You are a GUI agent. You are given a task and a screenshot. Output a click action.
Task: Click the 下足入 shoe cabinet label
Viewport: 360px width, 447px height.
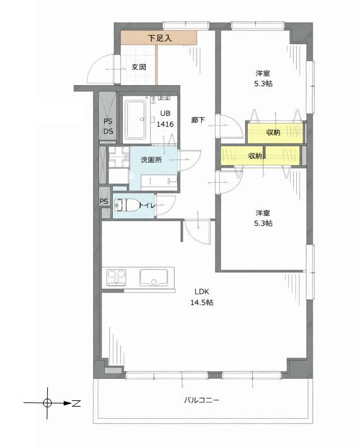point(160,38)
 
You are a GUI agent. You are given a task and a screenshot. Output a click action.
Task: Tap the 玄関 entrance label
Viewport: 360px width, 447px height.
point(139,67)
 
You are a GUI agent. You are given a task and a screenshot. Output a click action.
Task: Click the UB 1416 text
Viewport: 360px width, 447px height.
point(165,119)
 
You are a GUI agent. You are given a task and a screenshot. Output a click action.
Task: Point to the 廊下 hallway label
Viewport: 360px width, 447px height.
point(198,120)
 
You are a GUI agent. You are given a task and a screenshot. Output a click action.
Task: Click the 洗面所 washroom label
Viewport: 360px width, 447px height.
point(151,160)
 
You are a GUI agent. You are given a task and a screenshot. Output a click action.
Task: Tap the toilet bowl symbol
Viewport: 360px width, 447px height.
point(126,206)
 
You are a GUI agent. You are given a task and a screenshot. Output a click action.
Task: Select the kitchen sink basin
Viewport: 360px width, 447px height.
point(153,277)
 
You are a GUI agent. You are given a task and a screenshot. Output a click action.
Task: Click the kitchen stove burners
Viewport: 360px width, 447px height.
point(116,277)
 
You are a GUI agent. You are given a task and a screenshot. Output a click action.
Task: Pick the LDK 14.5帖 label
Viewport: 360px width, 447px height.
point(202,297)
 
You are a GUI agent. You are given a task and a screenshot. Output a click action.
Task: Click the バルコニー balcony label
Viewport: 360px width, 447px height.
point(202,400)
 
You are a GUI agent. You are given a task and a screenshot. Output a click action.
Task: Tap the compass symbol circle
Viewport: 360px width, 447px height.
point(47,403)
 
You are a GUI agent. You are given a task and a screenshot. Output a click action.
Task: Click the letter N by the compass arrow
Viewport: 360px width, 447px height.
point(76,403)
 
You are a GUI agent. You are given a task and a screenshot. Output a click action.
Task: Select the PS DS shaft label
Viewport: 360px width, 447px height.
point(108,126)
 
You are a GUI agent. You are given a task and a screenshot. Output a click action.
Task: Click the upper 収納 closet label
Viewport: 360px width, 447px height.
point(274,132)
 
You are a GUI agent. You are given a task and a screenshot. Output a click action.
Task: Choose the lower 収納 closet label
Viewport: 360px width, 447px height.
point(255,156)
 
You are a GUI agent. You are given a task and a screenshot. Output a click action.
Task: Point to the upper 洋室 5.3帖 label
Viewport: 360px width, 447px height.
point(263,78)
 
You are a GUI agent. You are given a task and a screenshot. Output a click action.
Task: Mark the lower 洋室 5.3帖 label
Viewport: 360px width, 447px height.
point(263,218)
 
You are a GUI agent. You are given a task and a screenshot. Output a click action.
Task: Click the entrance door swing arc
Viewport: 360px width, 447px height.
point(95,67)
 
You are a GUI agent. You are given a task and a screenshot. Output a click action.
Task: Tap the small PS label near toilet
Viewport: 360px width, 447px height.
point(104,201)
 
